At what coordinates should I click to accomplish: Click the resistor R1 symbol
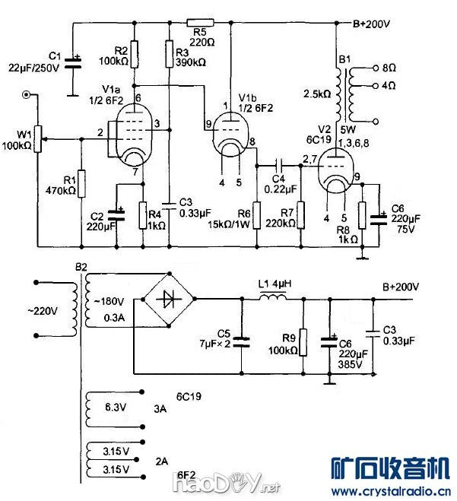[81, 183]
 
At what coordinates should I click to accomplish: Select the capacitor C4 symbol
[280, 163]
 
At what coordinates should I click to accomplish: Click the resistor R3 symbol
[168, 52]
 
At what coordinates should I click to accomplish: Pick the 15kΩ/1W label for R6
[233, 224]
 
